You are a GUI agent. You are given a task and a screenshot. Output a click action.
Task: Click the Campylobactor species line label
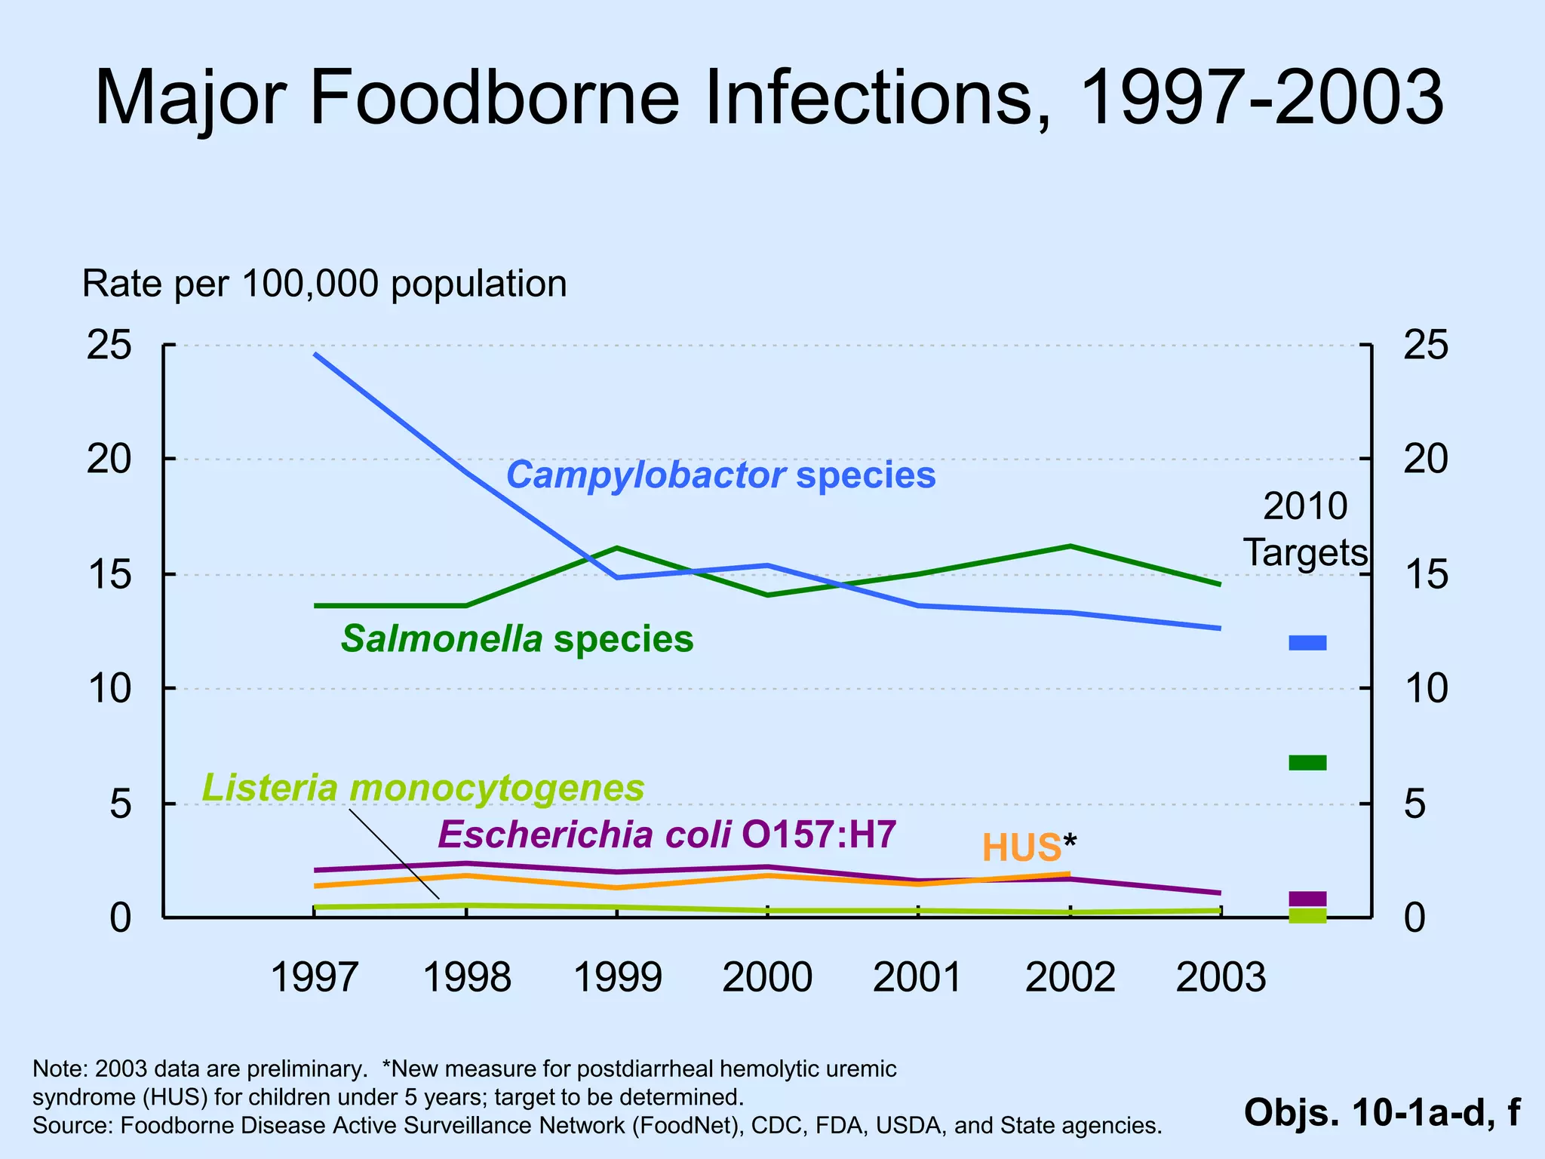click(720, 476)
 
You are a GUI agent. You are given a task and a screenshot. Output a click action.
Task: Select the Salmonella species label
click(517, 639)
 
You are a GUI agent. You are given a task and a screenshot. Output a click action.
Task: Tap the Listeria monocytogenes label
click(423, 788)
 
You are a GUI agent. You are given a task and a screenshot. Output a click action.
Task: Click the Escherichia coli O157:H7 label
click(667, 835)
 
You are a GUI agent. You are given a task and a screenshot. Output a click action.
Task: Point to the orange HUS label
click(1021, 848)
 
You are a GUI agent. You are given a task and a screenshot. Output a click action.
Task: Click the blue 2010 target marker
click(1307, 643)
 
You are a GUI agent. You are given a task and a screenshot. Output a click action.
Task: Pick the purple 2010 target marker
click(1307, 898)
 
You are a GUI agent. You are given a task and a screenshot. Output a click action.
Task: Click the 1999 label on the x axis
click(618, 977)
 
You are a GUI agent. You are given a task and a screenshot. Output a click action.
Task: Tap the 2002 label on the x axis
click(1070, 977)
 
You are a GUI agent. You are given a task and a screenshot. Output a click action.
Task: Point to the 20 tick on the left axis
click(109, 459)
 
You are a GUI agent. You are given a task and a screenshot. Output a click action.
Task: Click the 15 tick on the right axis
click(1425, 575)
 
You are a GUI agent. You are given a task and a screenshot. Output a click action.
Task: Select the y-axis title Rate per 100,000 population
click(324, 284)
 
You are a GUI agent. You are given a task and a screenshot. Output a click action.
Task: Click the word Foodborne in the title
click(495, 98)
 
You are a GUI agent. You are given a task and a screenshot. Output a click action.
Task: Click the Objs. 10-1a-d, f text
click(1381, 1112)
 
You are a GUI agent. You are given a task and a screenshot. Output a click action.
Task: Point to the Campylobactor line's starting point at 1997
click(315, 354)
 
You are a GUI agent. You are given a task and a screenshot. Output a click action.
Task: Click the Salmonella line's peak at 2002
click(1070, 546)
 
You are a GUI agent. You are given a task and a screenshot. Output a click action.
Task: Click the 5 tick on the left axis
click(121, 804)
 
